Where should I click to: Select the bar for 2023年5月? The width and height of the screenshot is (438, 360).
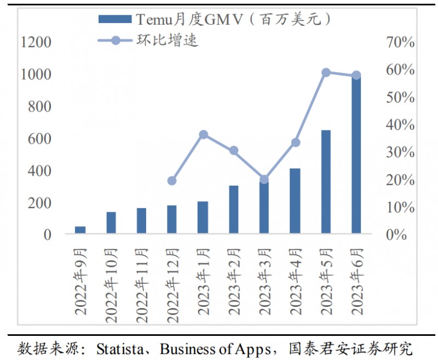[x=326, y=182]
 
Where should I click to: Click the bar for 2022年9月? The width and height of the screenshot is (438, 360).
[x=80, y=230]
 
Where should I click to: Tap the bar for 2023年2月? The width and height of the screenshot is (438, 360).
[x=234, y=210]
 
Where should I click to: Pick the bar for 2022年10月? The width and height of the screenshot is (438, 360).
[x=111, y=223]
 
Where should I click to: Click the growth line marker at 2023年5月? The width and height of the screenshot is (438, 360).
[x=326, y=72]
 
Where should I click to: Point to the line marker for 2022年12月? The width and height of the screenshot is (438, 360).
[x=172, y=181]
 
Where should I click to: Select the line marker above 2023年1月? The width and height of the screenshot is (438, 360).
[x=203, y=134]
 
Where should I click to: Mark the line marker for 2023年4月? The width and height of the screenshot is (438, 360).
[x=295, y=142]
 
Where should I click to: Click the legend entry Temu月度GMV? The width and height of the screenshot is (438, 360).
[x=214, y=20]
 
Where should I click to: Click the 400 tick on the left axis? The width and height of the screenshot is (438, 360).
[x=39, y=171]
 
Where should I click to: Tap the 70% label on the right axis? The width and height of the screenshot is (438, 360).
[x=400, y=42]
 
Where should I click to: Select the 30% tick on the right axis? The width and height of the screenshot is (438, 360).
[x=400, y=152]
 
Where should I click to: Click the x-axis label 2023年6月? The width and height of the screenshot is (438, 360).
[x=356, y=281]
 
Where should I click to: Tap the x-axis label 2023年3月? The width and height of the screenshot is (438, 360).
[x=264, y=281]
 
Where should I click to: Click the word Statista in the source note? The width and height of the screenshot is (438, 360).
[x=117, y=348]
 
